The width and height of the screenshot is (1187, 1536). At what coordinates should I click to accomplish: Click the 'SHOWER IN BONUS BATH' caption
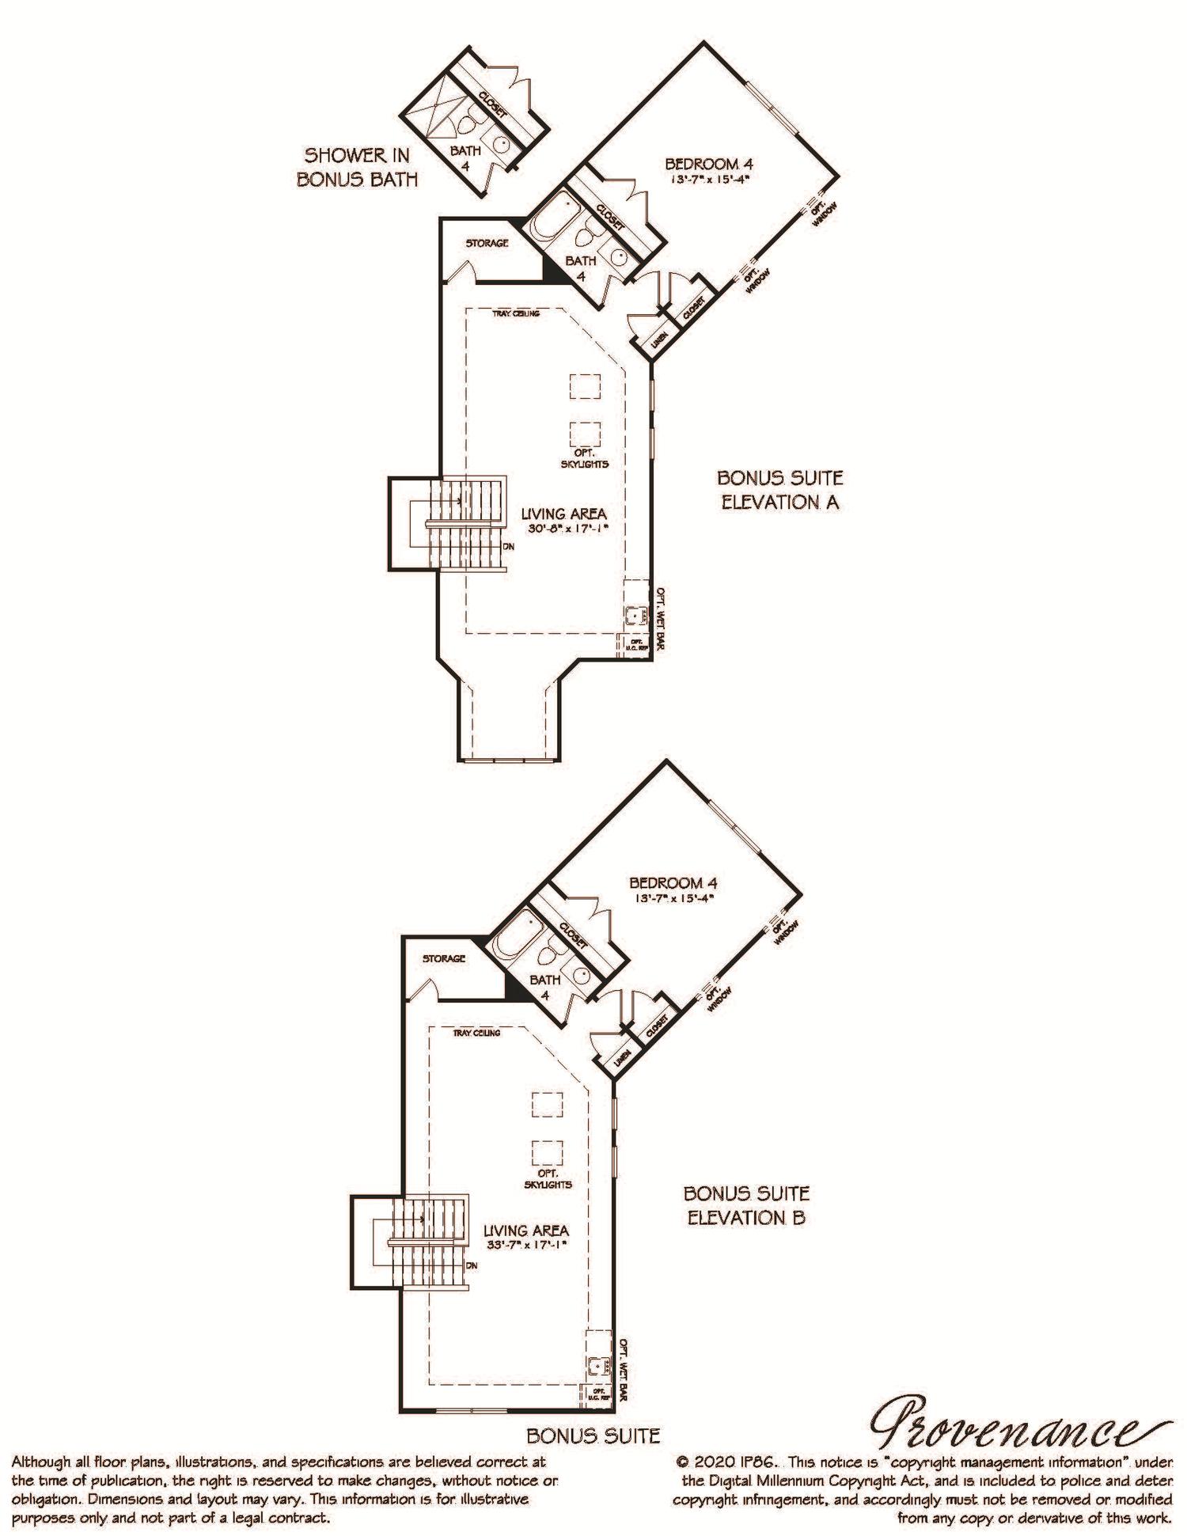tap(357, 167)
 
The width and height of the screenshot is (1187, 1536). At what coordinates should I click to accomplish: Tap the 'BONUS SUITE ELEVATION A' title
tap(779, 490)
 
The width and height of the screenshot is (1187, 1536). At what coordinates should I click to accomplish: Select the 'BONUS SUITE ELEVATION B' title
tap(746, 1205)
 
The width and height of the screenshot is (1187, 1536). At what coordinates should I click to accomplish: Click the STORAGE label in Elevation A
tap(487, 243)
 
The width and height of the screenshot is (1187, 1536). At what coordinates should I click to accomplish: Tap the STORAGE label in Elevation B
tap(443, 958)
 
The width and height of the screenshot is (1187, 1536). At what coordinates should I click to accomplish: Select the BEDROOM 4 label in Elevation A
tap(708, 165)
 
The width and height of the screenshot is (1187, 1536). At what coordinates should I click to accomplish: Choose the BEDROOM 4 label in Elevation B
tap(673, 882)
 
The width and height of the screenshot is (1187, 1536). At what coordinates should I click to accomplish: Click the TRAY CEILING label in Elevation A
tap(516, 314)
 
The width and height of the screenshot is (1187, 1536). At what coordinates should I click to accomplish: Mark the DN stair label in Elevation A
tap(510, 547)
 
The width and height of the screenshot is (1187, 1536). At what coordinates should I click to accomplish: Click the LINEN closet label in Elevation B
tap(621, 1064)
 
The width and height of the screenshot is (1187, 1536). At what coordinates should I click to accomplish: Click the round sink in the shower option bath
tap(502, 144)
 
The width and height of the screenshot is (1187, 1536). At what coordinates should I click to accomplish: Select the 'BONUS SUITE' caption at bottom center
tap(593, 1435)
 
